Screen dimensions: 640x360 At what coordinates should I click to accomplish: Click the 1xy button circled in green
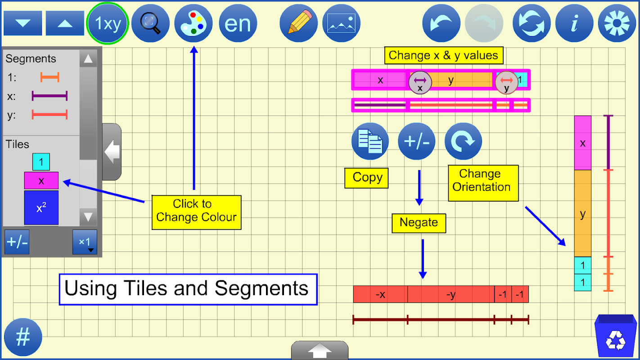(108, 23)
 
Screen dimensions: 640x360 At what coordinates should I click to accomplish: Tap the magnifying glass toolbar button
(150, 23)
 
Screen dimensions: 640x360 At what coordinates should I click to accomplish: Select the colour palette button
(194, 23)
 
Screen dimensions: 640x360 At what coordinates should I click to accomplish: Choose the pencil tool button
(298, 23)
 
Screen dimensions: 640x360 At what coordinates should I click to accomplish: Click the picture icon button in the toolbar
(342, 23)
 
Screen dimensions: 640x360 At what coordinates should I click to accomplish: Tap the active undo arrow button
(442, 23)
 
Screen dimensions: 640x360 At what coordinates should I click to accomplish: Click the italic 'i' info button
(574, 23)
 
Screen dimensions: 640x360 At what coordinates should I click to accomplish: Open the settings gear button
(617, 23)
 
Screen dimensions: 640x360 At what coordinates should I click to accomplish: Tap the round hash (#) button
(23, 337)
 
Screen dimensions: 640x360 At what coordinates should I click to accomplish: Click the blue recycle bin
(616, 336)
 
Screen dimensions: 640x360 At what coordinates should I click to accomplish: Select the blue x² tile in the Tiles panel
(41, 208)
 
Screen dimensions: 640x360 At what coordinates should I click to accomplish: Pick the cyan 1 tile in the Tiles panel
(41, 162)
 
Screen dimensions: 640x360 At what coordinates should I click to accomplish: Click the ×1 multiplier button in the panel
(85, 242)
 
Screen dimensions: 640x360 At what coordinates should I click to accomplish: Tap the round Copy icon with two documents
(370, 141)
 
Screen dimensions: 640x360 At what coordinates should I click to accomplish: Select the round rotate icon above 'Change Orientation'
(463, 141)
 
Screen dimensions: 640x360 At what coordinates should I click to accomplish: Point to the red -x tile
(380, 294)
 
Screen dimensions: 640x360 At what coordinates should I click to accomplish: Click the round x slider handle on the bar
(420, 82)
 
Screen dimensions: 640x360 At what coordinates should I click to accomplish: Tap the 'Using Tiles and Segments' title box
(188, 289)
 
